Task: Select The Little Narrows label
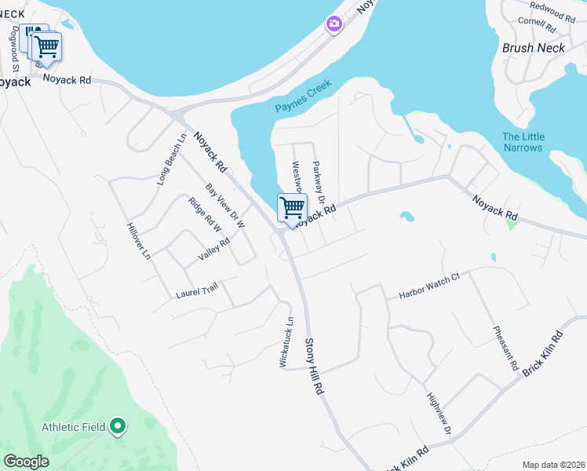[x=523, y=142]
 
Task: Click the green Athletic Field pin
[x=118, y=426]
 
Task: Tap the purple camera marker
[x=334, y=24]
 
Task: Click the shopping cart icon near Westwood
[x=292, y=208]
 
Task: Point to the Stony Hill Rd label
[x=314, y=365]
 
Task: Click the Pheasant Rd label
[x=505, y=348]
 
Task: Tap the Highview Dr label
[x=439, y=414]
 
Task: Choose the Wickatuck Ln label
[x=289, y=342]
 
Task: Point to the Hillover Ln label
[x=138, y=240]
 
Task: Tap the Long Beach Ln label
[x=172, y=159]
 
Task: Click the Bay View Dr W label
[x=225, y=206]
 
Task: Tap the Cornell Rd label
[x=537, y=25]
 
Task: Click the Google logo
[x=26, y=461]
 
